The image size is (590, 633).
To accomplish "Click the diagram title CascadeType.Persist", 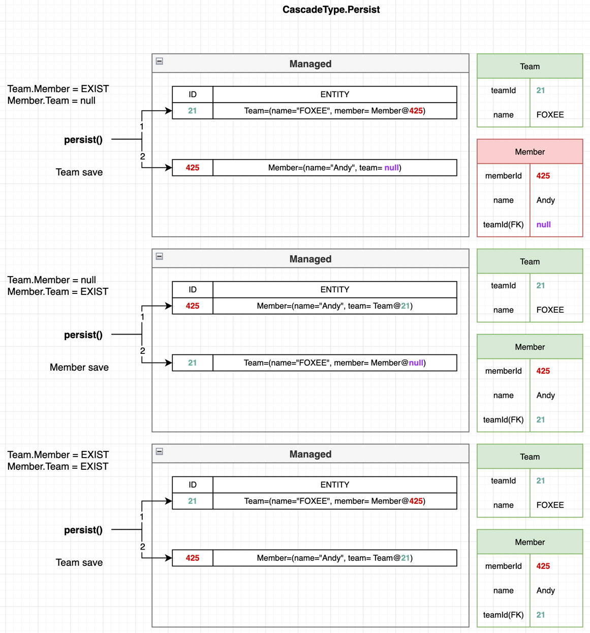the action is tap(331, 10).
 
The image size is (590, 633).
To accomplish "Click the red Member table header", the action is tap(530, 152).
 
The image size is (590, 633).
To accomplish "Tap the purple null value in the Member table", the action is tap(543, 224).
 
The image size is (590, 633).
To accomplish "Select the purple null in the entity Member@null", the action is tap(416, 363).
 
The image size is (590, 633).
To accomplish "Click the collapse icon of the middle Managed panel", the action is tap(159, 256).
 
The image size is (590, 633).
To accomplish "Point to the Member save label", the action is tap(79, 367).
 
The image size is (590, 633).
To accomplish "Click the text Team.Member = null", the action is tap(52, 280).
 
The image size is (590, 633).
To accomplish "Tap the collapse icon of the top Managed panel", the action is tap(159, 61).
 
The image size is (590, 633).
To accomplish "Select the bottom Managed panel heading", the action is tap(310, 454).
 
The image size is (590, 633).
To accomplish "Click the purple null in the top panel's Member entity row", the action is tap(391, 168).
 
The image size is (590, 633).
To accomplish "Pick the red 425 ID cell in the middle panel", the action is tap(193, 306).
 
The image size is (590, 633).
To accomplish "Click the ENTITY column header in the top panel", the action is tap(334, 95).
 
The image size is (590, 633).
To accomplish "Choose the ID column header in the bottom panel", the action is tap(193, 485).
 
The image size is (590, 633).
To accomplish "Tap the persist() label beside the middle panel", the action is tap(83, 335).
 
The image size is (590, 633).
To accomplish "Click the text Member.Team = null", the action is tap(51, 100).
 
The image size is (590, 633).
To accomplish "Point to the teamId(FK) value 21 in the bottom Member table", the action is tap(540, 615).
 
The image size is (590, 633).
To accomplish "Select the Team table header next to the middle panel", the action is tap(530, 261).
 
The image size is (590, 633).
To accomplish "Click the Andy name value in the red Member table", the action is tap(545, 200).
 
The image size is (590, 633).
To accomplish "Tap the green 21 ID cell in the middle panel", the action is tap(193, 363).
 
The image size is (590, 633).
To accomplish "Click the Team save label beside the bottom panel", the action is tap(79, 562).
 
